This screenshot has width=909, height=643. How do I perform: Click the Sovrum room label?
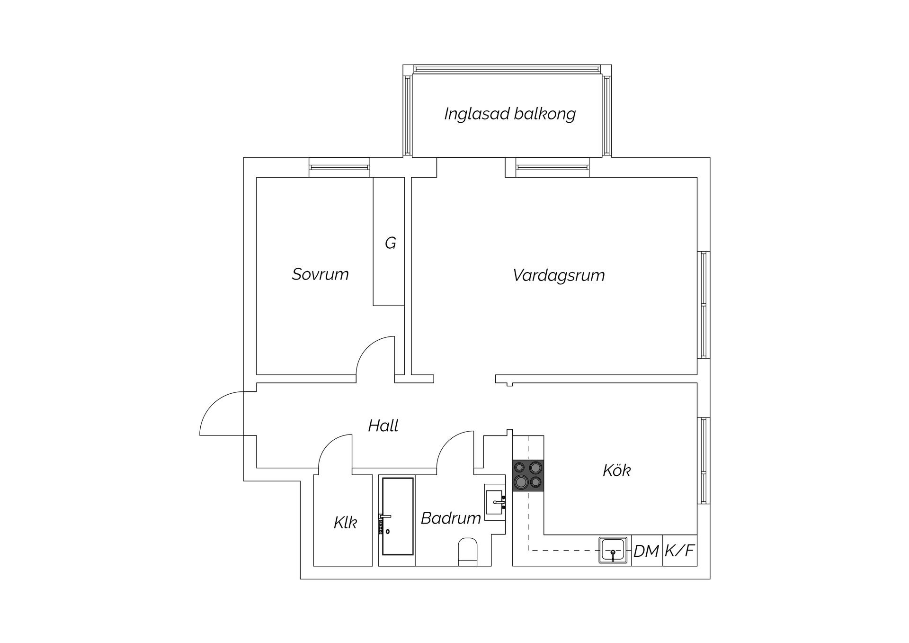[320, 274]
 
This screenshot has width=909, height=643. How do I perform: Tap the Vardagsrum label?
[559, 275]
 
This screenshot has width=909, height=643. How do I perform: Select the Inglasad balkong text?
[510, 114]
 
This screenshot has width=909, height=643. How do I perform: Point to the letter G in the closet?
[390, 243]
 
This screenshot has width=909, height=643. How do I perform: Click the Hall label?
[383, 426]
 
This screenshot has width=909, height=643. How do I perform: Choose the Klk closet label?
[345, 523]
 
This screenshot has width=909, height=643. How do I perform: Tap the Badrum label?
[451, 518]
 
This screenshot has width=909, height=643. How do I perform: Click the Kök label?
[617, 471]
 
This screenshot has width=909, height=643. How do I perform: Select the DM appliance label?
[646, 551]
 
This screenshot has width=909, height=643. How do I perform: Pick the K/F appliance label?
[679, 551]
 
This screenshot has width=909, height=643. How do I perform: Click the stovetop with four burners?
[528, 475]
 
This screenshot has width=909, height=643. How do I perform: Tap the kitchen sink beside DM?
[613, 550]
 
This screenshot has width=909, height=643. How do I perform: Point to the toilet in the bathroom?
[468, 552]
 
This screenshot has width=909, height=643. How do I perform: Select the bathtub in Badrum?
[398, 516]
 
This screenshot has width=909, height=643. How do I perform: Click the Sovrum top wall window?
[339, 167]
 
